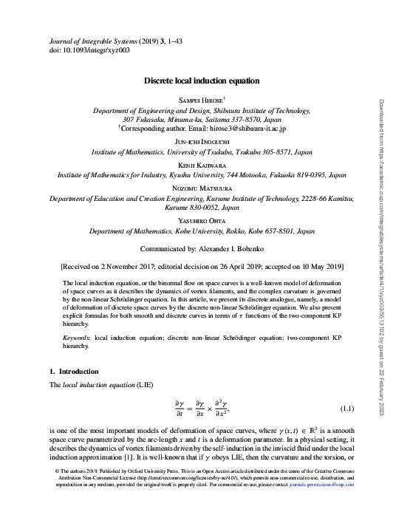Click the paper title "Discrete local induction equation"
[x=200, y=81]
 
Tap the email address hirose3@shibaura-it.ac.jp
[x=240, y=128]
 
